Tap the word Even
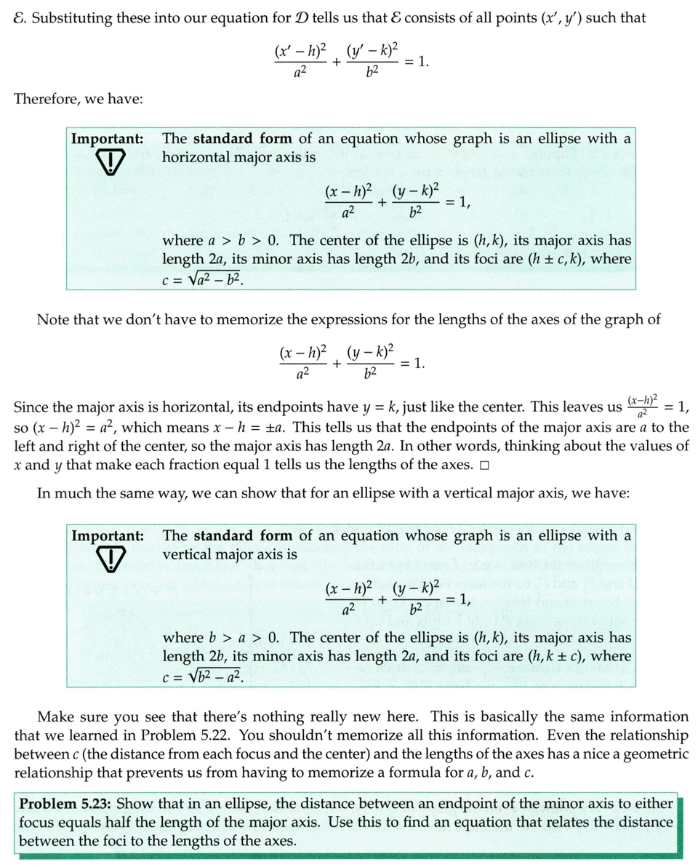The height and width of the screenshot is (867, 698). tap(506, 735)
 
